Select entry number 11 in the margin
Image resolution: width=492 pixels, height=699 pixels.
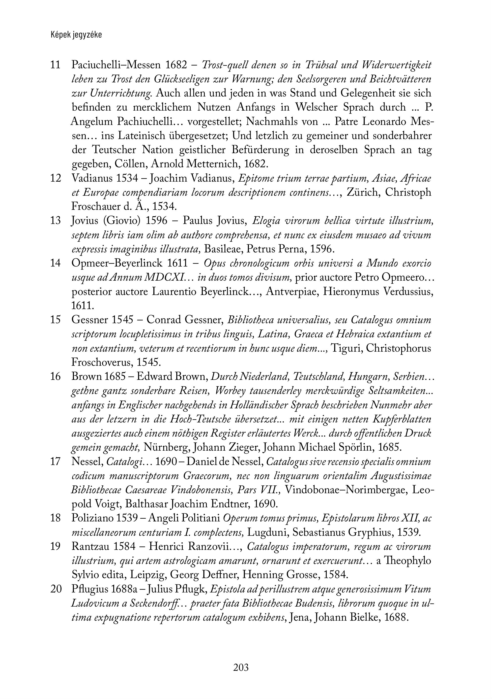coord(55,65)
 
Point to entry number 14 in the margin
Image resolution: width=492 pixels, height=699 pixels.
coord(55,263)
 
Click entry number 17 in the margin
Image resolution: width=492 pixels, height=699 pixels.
coord(55,462)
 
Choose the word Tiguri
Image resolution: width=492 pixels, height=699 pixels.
coord(346,348)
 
